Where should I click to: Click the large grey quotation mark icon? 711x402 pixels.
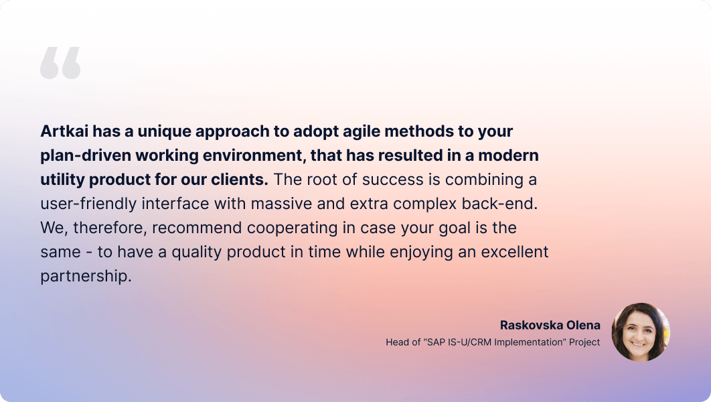[60, 62]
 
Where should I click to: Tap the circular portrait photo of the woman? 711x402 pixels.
[641, 332]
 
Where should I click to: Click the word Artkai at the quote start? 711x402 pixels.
[64, 131]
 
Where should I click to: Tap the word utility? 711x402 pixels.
[62, 180]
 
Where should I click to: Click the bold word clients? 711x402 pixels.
[240, 180]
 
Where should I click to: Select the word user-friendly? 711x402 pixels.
[88, 204]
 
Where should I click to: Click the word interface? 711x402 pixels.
[175, 204]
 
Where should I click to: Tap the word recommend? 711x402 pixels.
[197, 228]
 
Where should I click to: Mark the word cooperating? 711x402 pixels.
[292, 228]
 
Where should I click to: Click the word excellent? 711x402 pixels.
[515, 252]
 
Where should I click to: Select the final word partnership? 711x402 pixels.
[86, 276]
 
